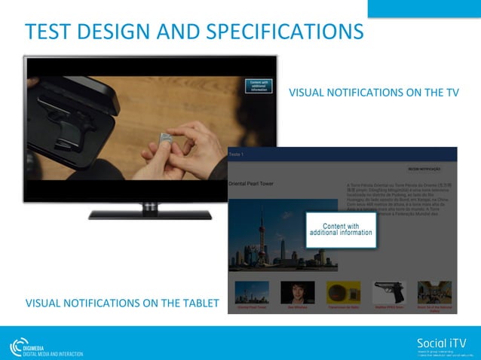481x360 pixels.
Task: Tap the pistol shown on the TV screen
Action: (x=69, y=120)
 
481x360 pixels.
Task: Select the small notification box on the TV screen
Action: (x=259, y=86)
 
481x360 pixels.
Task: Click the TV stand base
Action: (x=150, y=214)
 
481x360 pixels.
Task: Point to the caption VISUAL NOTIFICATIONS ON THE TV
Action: (x=374, y=93)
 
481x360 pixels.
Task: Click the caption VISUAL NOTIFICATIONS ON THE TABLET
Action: (x=122, y=304)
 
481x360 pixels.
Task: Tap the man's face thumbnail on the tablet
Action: (x=297, y=292)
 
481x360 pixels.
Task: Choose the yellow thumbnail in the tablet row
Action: (x=342, y=292)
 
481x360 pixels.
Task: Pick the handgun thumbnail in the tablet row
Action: (x=389, y=292)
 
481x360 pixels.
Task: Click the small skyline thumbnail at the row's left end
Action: (x=252, y=292)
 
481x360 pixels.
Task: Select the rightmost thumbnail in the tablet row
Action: (x=434, y=292)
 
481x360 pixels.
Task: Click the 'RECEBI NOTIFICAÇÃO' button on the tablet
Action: (x=424, y=169)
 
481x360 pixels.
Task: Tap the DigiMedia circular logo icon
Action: (x=19, y=346)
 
